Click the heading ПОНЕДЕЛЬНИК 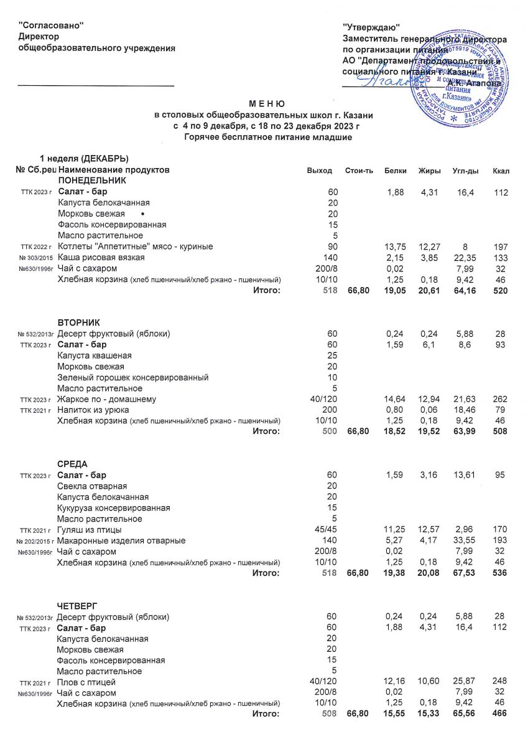[92, 181]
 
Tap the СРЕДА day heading [72, 464]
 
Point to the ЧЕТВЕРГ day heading [77, 606]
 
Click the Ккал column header [501, 171]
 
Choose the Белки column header [396, 171]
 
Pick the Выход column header [320, 171]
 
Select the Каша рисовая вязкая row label [101, 258]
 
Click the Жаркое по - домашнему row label [106, 399]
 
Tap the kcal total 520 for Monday [501, 291]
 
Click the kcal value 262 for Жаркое [501, 399]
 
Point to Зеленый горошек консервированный [132, 377]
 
